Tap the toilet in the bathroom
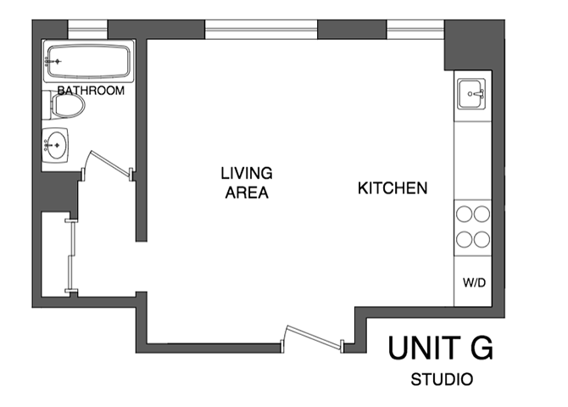point(68,106)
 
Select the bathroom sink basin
point(58,145)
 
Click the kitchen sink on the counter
point(472,93)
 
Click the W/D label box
point(473,282)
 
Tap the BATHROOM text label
point(91,91)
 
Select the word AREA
point(246,193)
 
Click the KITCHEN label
point(392,188)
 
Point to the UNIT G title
point(441,348)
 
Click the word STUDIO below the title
point(441,379)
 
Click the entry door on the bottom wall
point(313,337)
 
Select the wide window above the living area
point(261,31)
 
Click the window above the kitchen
point(415,31)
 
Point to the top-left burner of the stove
point(464,215)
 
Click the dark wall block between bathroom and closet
point(58,193)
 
